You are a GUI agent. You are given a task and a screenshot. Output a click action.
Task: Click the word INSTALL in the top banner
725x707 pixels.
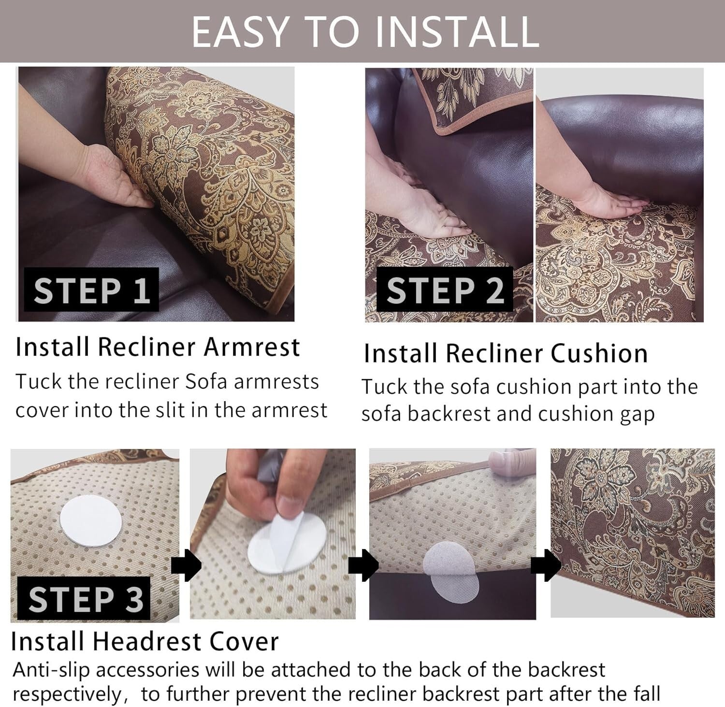click(457, 31)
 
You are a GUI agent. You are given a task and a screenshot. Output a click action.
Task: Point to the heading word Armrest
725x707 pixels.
click(252, 347)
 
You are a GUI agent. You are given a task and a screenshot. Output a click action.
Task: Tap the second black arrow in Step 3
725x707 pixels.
click(363, 565)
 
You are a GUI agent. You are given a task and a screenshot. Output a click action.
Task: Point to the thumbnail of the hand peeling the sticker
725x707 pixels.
click(273, 534)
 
